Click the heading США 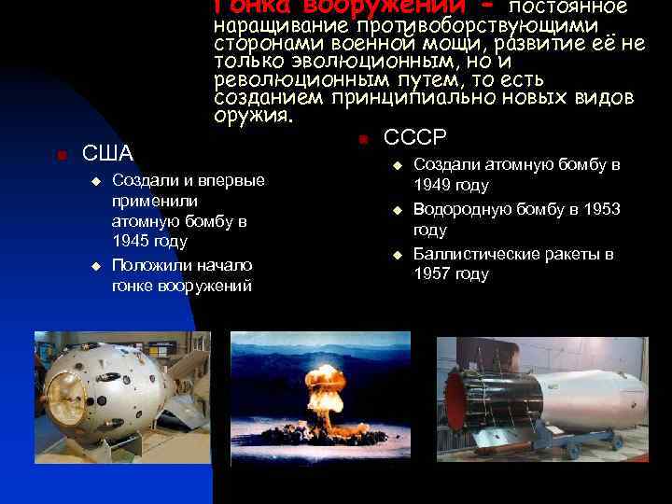coord(108,153)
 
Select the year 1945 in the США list coord(131,242)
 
